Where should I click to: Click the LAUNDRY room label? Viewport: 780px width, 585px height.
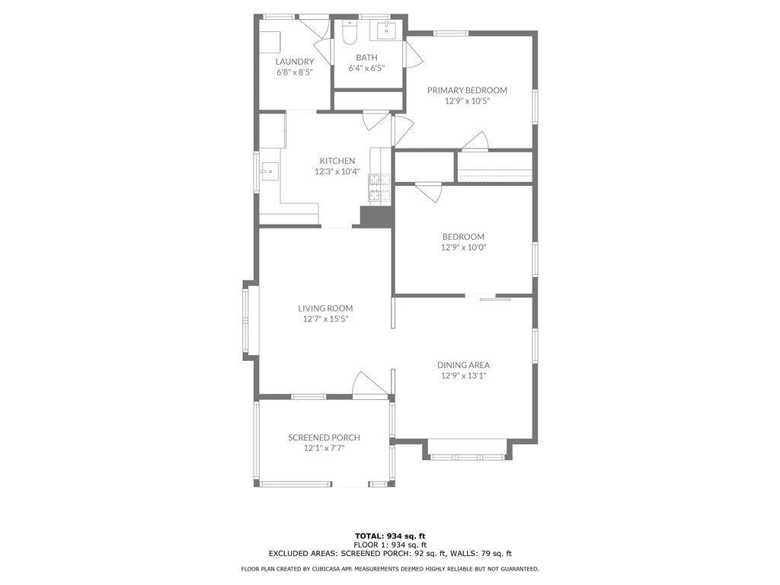(x=295, y=62)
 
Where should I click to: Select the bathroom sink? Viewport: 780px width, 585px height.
(x=386, y=30)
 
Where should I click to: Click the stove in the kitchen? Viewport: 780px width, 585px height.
(x=379, y=187)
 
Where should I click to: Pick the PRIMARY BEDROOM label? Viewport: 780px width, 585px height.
(x=467, y=90)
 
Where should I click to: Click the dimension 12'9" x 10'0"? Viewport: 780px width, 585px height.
(x=463, y=248)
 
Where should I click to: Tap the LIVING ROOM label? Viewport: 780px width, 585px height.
(x=325, y=308)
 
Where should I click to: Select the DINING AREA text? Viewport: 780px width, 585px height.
(x=463, y=365)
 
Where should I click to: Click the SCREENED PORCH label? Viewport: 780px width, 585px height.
(x=324, y=438)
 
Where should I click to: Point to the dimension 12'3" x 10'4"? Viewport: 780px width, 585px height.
(x=337, y=171)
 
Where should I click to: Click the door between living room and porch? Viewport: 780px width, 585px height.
(x=370, y=385)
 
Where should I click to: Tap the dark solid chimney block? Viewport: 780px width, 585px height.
(x=376, y=217)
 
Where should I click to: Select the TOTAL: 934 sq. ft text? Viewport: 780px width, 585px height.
(x=390, y=536)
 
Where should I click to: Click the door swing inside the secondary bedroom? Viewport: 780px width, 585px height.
(x=429, y=192)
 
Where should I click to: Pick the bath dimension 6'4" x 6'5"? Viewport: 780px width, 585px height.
(x=366, y=68)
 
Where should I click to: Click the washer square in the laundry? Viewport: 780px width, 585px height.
(x=270, y=43)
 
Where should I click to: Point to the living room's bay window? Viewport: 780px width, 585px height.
(x=250, y=321)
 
